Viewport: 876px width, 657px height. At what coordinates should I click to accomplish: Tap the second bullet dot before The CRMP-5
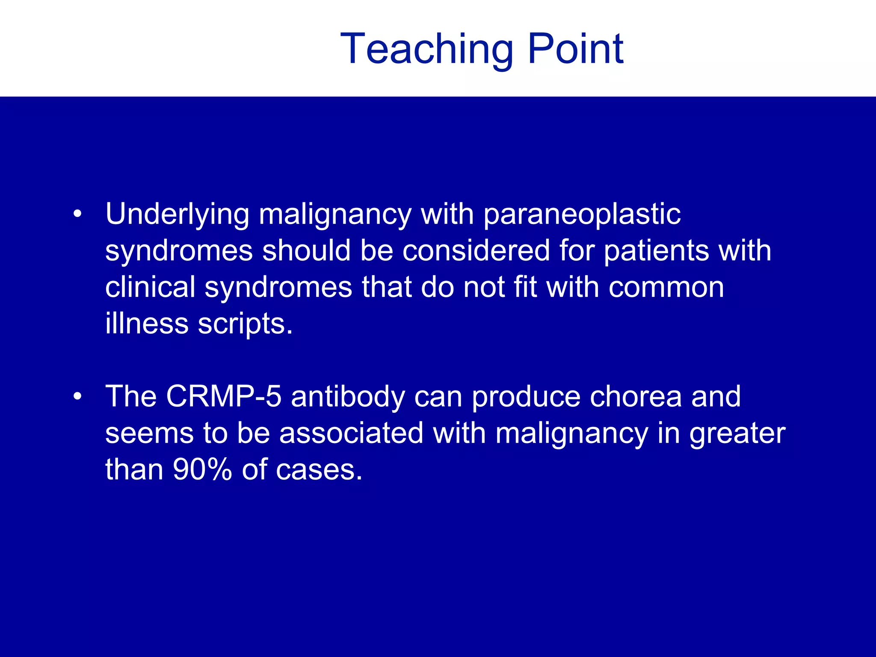[77, 397]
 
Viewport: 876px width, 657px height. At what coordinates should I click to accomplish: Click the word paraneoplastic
[582, 215]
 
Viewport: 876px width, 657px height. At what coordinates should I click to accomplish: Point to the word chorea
[635, 397]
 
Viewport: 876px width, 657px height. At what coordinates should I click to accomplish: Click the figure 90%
[202, 470]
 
